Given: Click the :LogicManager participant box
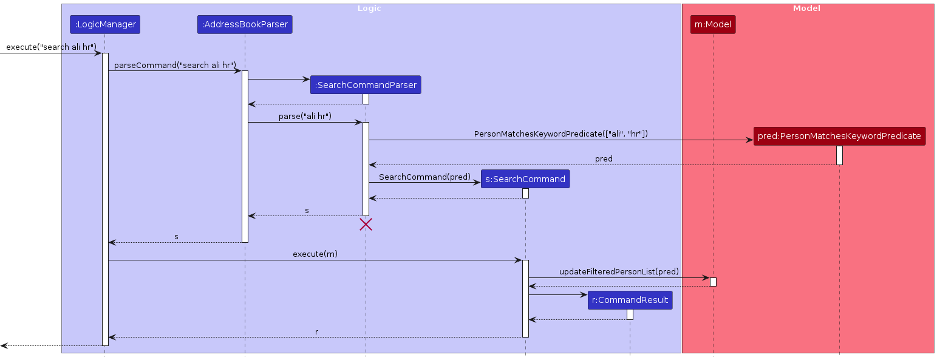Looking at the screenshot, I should [x=104, y=25].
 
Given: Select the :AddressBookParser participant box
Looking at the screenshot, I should [x=245, y=25].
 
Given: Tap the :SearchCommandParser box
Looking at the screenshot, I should [x=366, y=85].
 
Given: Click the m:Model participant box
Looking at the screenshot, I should [x=713, y=25].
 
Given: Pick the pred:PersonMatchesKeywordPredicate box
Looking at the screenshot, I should [x=839, y=136].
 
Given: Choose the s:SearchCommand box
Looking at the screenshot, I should [x=525, y=179].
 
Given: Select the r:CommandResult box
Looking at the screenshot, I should [x=630, y=300].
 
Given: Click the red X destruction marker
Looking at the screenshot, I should [x=366, y=225].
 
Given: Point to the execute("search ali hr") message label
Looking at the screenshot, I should [x=51, y=47].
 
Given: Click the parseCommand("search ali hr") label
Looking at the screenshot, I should [x=175, y=65].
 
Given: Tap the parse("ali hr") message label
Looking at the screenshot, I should [x=305, y=116].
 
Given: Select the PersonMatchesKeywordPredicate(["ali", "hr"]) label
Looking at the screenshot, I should [x=560, y=134].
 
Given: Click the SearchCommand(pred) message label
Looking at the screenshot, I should [x=424, y=176].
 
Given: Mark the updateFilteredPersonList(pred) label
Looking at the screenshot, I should [x=619, y=271].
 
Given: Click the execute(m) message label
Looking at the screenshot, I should [x=315, y=254].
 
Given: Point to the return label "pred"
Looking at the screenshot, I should [x=604, y=158].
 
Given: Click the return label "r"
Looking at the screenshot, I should [x=316, y=331].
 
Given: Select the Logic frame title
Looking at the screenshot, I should [x=369, y=8].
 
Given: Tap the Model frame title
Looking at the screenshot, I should [x=806, y=8].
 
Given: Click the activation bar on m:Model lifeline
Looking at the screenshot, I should [x=713, y=282].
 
